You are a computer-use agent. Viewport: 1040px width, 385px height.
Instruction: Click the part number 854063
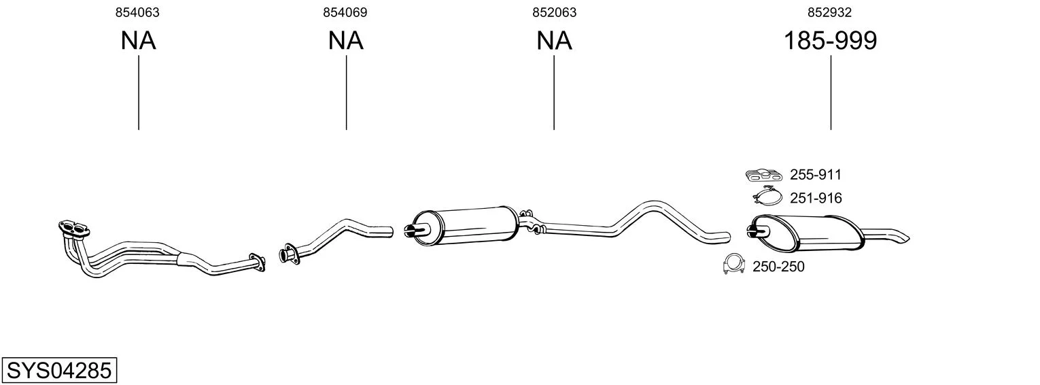point(137,12)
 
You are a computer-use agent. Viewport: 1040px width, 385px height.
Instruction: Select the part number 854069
point(345,12)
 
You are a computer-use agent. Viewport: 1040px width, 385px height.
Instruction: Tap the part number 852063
point(555,12)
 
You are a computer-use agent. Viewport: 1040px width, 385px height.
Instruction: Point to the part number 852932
point(830,12)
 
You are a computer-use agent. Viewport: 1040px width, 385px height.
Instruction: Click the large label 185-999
point(831,40)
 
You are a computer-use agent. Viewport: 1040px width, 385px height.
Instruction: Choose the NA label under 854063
point(139,40)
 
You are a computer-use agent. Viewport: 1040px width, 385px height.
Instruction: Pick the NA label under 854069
point(346,40)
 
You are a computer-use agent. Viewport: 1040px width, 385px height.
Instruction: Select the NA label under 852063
point(555,40)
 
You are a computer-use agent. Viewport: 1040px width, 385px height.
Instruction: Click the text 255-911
point(816,175)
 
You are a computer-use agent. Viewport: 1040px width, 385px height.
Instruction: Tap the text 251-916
point(816,199)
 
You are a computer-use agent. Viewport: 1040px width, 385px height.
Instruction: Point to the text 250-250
point(778,267)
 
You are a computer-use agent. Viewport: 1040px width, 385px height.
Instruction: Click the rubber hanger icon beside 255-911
point(764,175)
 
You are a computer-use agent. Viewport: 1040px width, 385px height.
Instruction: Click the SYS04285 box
point(59,370)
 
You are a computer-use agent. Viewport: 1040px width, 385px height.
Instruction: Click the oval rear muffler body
point(808,233)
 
